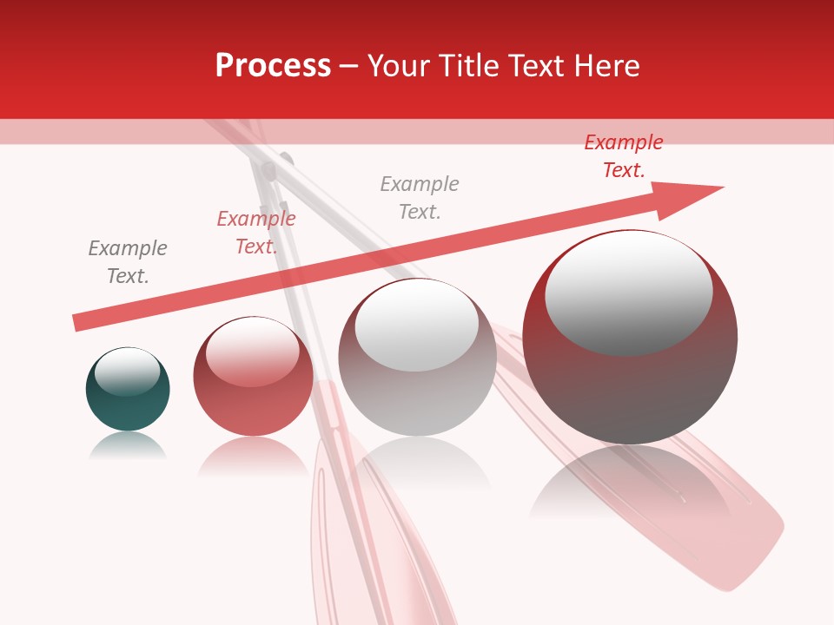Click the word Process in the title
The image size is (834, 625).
click(x=273, y=66)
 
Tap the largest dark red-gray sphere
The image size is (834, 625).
click(x=630, y=391)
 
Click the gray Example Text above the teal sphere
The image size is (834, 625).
click(x=128, y=262)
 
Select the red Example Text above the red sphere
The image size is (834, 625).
click(x=256, y=233)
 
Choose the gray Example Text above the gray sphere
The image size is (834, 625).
click(x=420, y=198)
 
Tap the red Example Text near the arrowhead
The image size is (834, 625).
click(x=624, y=156)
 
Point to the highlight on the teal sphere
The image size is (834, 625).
click(x=127, y=372)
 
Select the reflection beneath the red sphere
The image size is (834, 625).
click(x=253, y=456)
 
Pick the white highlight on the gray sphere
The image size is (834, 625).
click(x=417, y=326)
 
